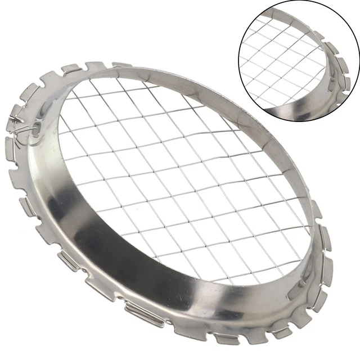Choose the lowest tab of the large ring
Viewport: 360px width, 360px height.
225,337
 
